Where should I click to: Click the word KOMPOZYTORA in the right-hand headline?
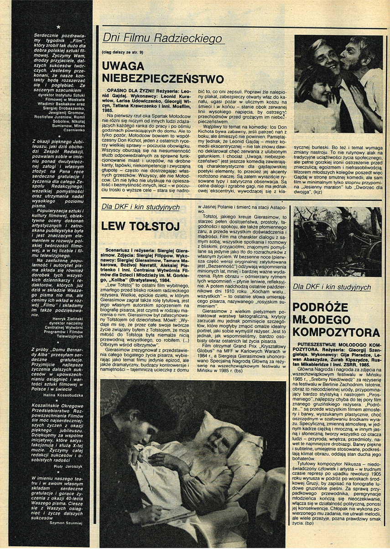point(337,331)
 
